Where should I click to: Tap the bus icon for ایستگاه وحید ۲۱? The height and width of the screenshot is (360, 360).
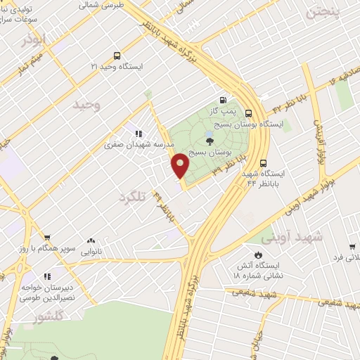click(x=117, y=56)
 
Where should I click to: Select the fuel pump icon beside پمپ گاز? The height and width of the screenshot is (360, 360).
click(x=223, y=100)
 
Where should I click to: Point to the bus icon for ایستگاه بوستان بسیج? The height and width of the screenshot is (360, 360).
click(x=248, y=112)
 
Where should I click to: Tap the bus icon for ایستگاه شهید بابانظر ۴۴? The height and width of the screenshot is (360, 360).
click(x=262, y=162)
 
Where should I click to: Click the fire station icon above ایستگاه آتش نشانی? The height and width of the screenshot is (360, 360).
click(x=258, y=254)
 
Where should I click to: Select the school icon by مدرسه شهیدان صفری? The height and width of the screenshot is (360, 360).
click(x=139, y=134)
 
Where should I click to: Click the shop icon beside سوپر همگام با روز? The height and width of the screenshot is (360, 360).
click(x=47, y=238)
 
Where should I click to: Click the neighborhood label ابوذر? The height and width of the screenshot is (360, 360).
click(x=31, y=39)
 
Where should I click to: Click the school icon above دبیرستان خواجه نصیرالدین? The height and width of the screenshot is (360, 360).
click(x=47, y=278)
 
